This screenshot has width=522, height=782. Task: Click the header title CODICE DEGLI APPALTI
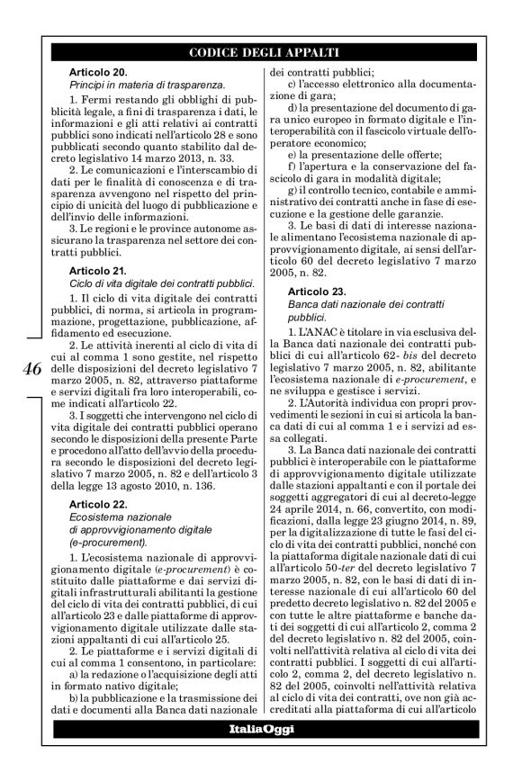coord(261,50)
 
